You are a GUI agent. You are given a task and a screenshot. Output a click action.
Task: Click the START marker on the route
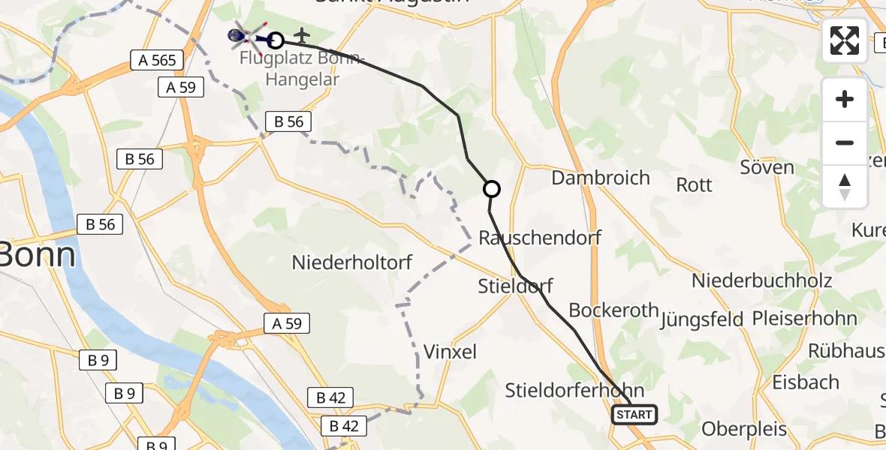(x=634, y=415)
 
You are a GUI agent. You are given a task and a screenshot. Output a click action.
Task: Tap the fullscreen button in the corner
(x=845, y=40)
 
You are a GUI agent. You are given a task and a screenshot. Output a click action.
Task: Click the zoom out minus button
(x=845, y=142)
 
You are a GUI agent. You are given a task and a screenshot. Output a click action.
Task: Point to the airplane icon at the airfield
(x=303, y=34)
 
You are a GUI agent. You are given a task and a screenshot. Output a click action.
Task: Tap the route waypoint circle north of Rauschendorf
(x=491, y=189)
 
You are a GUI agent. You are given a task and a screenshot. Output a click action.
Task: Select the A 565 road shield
(x=152, y=61)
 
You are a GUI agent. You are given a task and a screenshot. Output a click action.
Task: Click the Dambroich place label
(x=601, y=178)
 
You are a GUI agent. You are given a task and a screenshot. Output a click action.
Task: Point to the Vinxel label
(x=450, y=352)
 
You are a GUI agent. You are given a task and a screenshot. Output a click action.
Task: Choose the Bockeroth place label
(x=613, y=310)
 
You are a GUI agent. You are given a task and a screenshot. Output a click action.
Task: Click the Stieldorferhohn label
(x=574, y=390)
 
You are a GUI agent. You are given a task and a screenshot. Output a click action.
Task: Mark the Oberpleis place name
(x=744, y=429)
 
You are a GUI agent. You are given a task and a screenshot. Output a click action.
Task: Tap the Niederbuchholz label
(x=761, y=280)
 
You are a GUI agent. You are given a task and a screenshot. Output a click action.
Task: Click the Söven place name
(x=767, y=167)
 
